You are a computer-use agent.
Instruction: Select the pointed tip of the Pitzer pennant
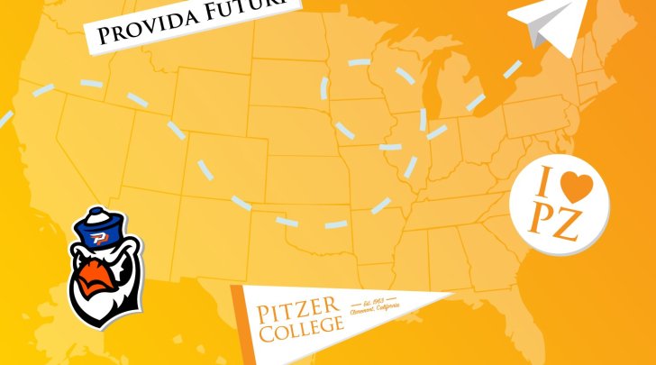451,296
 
